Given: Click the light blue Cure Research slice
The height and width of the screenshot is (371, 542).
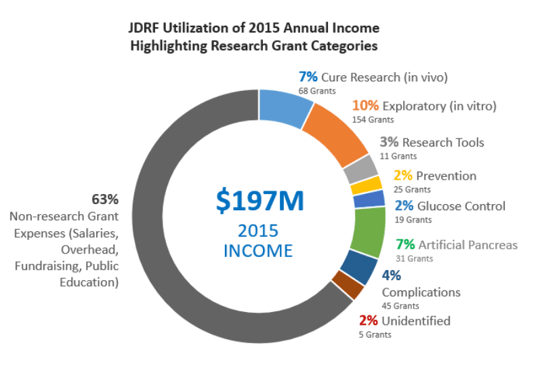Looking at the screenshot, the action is [284, 107].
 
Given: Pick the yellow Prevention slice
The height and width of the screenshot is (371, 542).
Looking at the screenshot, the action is [367, 186].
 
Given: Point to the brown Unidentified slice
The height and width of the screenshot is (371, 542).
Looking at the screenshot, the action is [348, 284].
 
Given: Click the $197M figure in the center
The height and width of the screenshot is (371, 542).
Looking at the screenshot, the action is [260, 201].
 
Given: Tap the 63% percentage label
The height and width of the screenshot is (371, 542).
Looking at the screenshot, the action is [105, 199].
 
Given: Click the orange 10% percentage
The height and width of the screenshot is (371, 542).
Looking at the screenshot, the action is [365, 106].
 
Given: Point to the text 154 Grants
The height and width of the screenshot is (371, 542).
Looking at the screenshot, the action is [373, 120].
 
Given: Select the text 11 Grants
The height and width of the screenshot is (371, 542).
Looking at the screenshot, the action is [398, 156].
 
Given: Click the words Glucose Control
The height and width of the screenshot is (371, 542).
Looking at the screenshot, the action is [461, 206].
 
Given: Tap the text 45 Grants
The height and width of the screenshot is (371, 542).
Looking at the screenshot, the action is [400, 306].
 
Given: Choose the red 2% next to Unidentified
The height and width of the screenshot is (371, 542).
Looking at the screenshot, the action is [368, 321].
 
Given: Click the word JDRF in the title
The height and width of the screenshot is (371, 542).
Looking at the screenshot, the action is [144, 28].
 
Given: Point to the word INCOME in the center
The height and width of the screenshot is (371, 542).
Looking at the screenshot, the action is [258, 251].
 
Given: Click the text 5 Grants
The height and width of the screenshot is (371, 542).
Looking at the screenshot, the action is [375, 334].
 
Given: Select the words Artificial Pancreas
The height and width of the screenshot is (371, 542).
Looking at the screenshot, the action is [468, 245].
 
